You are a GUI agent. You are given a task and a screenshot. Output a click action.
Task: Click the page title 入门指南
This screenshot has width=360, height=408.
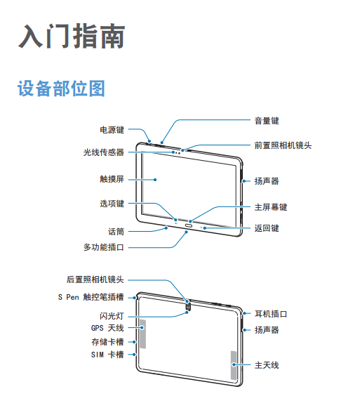point(72,36)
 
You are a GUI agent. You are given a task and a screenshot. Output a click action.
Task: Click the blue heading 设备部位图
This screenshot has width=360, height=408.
point(61,88)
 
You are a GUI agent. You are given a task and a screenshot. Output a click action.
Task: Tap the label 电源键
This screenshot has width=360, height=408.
point(112,130)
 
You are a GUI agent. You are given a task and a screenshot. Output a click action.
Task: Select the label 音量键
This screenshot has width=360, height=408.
point(267,121)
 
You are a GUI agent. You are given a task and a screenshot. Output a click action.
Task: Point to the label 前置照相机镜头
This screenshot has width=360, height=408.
point(283,145)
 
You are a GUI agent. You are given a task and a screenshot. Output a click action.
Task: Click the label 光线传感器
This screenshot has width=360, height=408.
point(104,152)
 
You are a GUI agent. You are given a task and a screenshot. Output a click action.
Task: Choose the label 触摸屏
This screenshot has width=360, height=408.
point(112,179)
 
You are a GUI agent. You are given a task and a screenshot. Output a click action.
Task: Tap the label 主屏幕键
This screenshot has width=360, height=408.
point(271,207)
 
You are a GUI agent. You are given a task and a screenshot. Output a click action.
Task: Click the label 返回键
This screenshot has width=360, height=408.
point(267,228)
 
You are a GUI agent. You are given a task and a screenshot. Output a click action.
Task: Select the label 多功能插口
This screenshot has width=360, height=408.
point(104,247)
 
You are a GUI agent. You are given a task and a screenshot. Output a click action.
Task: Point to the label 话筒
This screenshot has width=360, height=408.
point(116,231)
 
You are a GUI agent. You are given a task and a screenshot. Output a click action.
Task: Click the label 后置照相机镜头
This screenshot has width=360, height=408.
point(95,279)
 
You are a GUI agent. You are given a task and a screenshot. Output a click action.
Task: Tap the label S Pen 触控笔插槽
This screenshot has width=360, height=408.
point(91,297)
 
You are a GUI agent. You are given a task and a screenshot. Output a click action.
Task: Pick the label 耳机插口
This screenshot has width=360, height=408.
point(271,314)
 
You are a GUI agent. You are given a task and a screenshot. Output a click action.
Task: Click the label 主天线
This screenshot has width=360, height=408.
point(267,365)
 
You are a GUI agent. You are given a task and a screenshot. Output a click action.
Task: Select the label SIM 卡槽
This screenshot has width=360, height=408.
point(107,355)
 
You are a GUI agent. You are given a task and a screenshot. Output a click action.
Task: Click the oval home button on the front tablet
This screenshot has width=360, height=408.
point(188,225)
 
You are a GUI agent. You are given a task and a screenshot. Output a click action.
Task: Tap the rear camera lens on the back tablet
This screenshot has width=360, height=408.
point(188,306)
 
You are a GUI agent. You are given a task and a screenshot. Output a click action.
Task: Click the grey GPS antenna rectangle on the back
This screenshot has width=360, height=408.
point(142,334)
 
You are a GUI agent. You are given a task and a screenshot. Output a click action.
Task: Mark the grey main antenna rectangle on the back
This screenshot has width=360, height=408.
point(234,365)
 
